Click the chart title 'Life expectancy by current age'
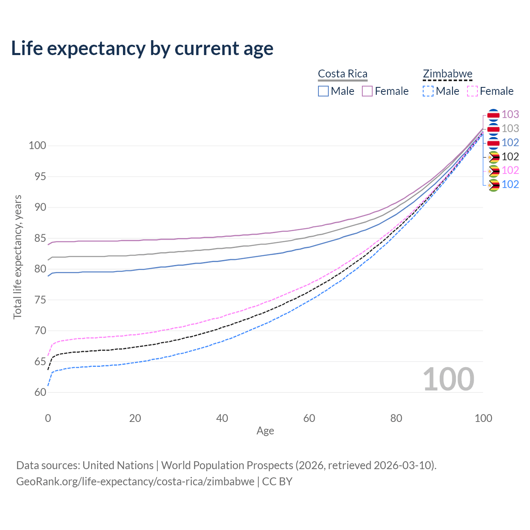point(142,48)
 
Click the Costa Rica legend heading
point(342,74)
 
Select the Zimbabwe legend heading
point(448,74)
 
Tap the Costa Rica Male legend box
point(323,91)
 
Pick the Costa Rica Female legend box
point(367,91)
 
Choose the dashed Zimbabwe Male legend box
point(428,91)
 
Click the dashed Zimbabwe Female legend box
point(472,91)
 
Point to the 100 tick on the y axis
point(37,146)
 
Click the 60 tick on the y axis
point(40,392)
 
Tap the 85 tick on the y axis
point(40,238)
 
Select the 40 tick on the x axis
point(222,418)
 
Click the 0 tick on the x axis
point(48,418)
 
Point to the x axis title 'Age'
point(265,431)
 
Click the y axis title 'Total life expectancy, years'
point(17,257)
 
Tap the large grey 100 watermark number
point(448,379)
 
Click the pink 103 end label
point(510,114)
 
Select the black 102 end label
point(510,157)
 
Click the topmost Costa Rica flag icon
point(493,115)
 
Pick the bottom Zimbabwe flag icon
point(494,185)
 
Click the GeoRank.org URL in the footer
point(135,482)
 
